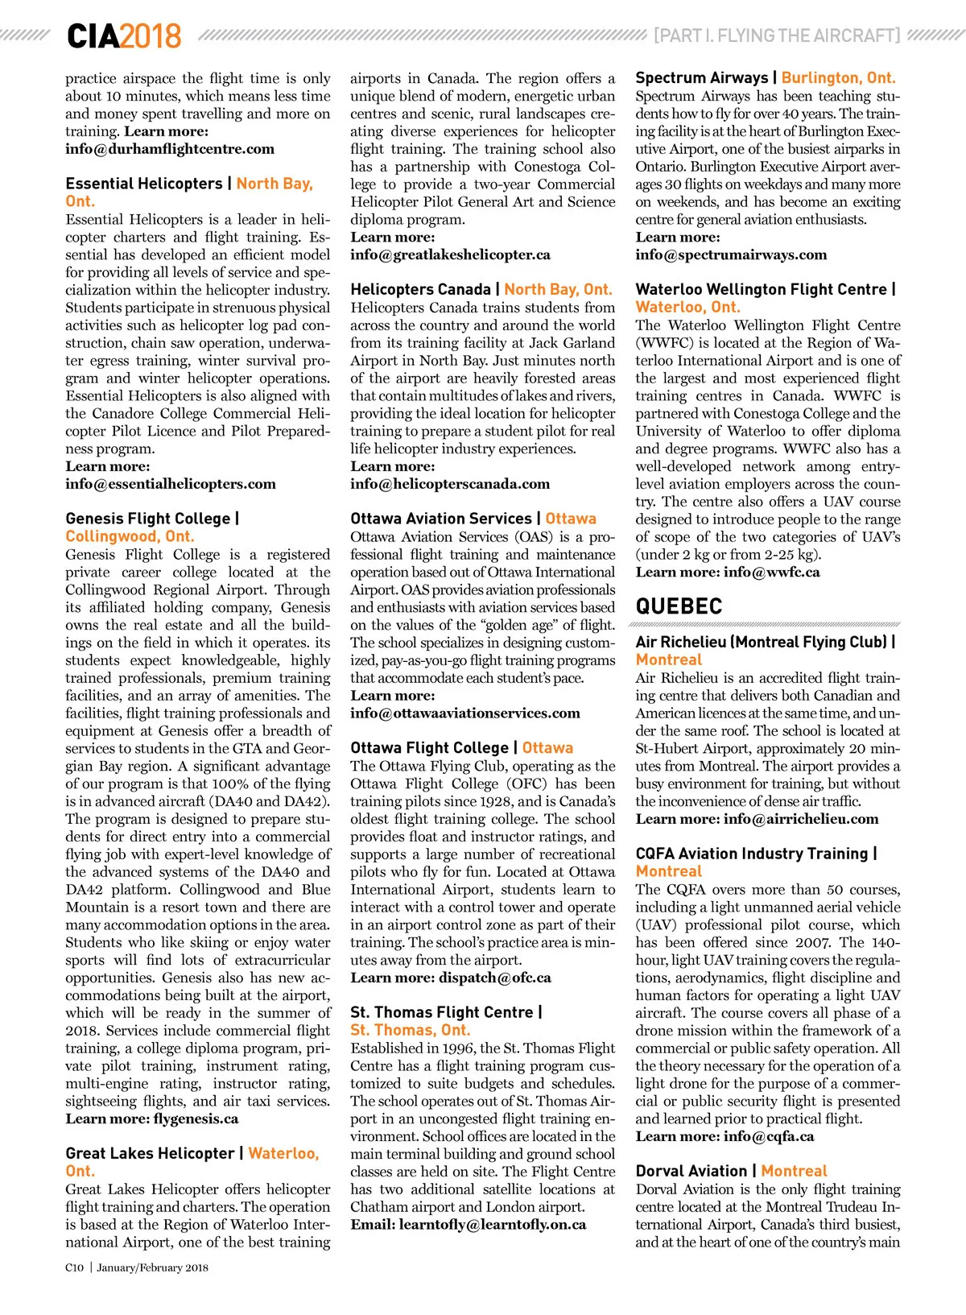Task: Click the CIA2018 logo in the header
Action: coord(124,36)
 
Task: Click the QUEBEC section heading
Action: coord(679,606)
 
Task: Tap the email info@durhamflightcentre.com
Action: coord(170,149)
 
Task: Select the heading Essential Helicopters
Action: coord(143,184)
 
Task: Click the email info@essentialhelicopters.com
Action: coord(171,484)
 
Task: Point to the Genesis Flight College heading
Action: coord(148,519)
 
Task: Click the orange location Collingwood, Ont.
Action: coord(130,536)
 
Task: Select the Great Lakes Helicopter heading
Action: coord(150,1153)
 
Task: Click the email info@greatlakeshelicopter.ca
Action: coord(450,254)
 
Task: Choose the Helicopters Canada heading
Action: coord(420,289)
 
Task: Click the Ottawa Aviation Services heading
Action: coord(441,519)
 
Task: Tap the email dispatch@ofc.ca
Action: coord(495,978)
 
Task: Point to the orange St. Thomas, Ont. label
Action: coord(410,1030)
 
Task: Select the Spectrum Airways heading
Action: coord(702,78)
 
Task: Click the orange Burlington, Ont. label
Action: coord(838,78)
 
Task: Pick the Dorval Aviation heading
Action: coord(691,1171)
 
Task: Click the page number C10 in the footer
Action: coord(74,1267)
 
